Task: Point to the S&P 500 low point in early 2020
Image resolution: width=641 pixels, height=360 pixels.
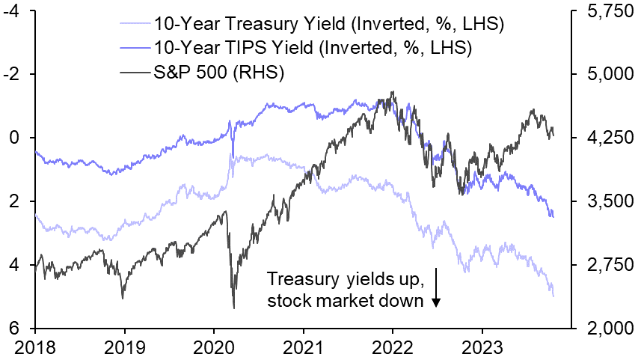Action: [234, 308]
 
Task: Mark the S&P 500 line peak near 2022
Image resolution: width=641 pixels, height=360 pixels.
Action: [393, 93]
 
